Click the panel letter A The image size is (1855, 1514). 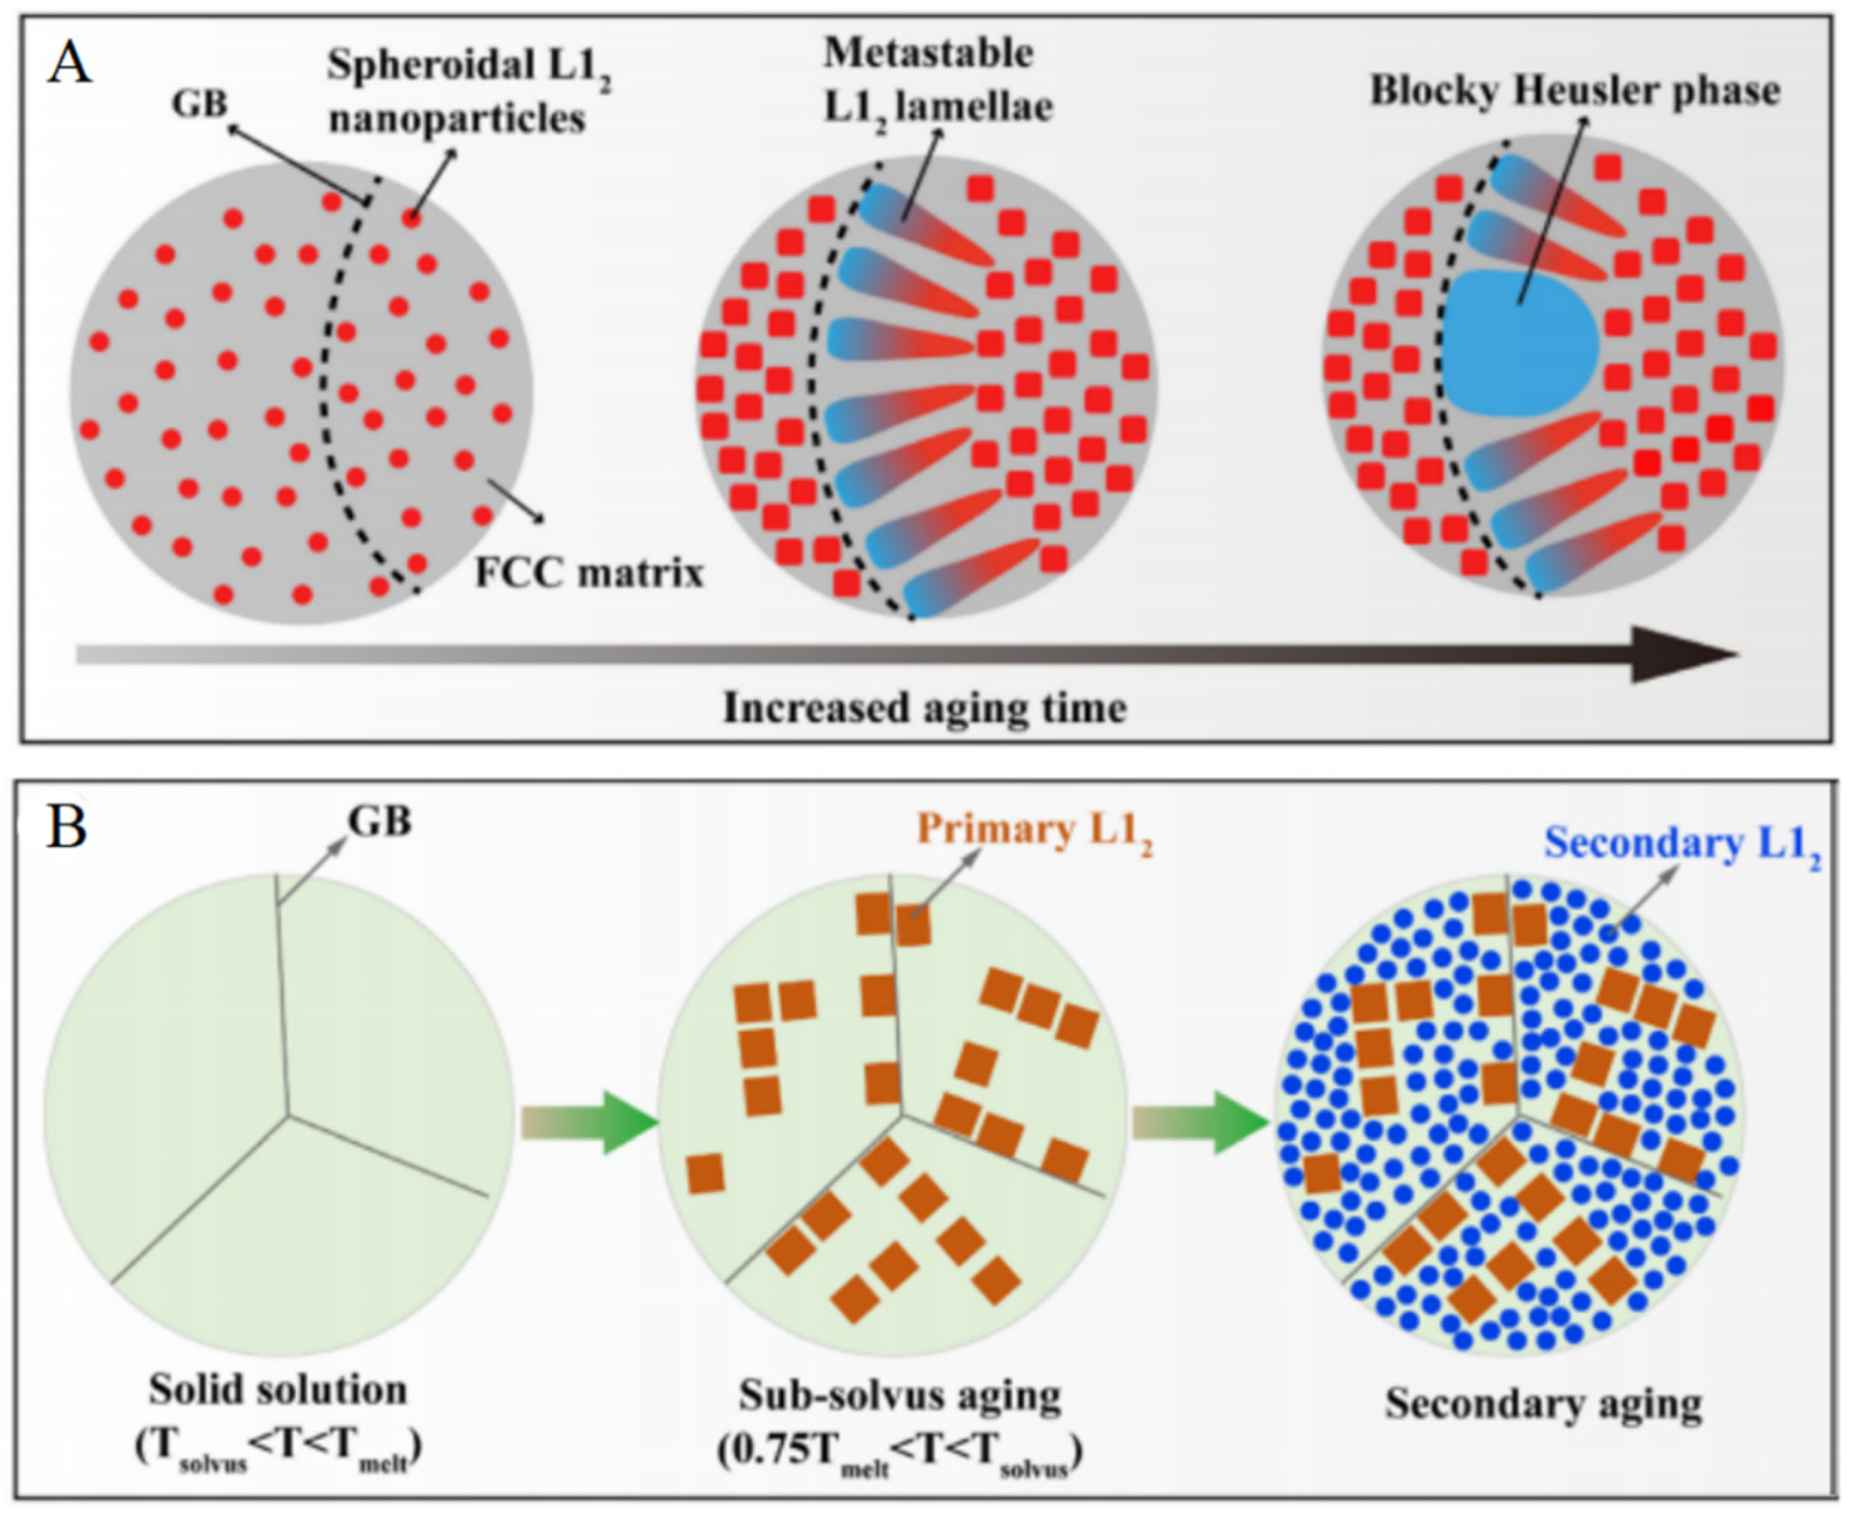click(x=69, y=65)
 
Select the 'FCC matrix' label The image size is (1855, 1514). click(x=589, y=574)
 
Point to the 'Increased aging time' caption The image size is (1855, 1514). click(x=924, y=707)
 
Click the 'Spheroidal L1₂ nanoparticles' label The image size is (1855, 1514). click(x=467, y=92)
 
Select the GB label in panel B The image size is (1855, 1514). click(x=379, y=821)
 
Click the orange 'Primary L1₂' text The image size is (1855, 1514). click(x=1034, y=833)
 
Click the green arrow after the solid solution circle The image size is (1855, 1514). click(x=589, y=1123)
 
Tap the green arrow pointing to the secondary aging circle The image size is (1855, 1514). click(x=1199, y=1123)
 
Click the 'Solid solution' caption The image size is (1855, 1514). click(x=277, y=1390)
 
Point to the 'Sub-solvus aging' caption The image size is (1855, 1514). click(x=900, y=1395)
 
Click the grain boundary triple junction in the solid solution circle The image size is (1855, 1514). click(x=288, y=1114)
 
